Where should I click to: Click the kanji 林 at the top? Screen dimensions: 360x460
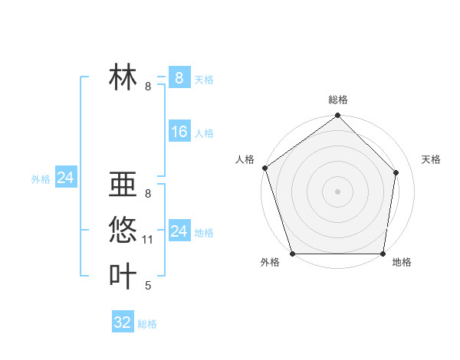point(123,78)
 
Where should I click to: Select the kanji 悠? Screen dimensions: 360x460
point(123,229)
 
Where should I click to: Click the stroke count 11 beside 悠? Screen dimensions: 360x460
point(148,240)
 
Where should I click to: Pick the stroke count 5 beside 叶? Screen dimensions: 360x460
point(148,286)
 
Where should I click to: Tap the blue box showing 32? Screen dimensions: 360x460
point(123,322)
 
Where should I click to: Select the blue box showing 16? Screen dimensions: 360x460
point(179,132)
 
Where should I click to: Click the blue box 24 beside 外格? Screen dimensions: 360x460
point(65,178)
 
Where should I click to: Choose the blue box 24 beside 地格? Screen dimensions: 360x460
point(179,231)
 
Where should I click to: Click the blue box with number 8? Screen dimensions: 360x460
point(179,78)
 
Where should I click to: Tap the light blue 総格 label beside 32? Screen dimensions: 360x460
point(147,324)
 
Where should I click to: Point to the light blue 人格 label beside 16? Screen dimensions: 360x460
point(204,133)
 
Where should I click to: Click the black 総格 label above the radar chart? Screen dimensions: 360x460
point(338,100)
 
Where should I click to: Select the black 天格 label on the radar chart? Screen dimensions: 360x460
point(431,159)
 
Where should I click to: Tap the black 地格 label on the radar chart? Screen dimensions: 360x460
point(402,263)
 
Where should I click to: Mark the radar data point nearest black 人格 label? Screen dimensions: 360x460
point(264,168)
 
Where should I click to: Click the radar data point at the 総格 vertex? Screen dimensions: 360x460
point(338,116)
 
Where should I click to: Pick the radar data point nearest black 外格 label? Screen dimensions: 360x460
point(293,254)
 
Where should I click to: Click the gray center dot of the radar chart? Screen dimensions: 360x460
point(338,191)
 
